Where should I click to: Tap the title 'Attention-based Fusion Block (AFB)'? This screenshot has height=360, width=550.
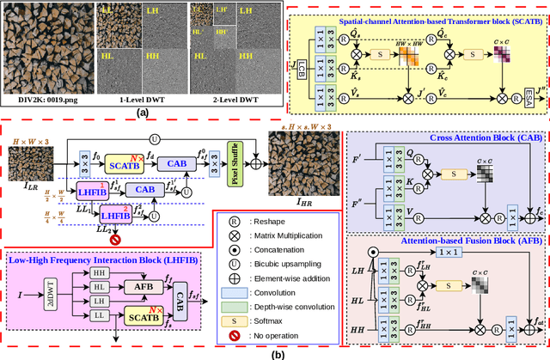coord(447,242)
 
